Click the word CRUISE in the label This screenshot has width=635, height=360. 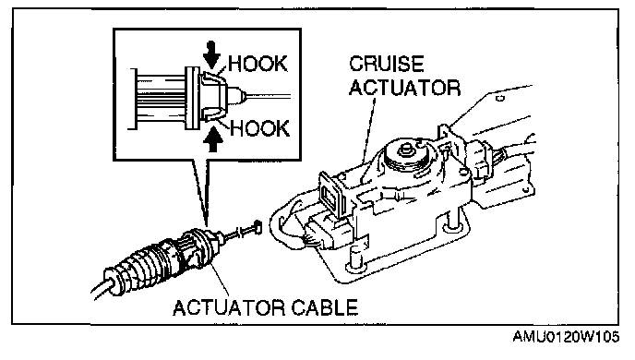[387, 64]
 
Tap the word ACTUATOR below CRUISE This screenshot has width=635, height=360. [404, 88]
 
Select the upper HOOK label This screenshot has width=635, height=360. [258, 64]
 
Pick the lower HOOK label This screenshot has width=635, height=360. [260, 128]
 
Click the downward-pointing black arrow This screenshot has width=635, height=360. [211, 54]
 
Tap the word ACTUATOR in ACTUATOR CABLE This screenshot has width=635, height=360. [228, 307]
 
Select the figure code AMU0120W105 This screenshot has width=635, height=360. [566, 337]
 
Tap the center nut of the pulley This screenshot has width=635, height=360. [404, 150]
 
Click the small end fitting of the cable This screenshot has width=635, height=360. [257, 227]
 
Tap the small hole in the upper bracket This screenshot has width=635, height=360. [500, 98]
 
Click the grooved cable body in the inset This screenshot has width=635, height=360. [160, 99]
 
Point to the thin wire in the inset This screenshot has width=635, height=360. [267, 96]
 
